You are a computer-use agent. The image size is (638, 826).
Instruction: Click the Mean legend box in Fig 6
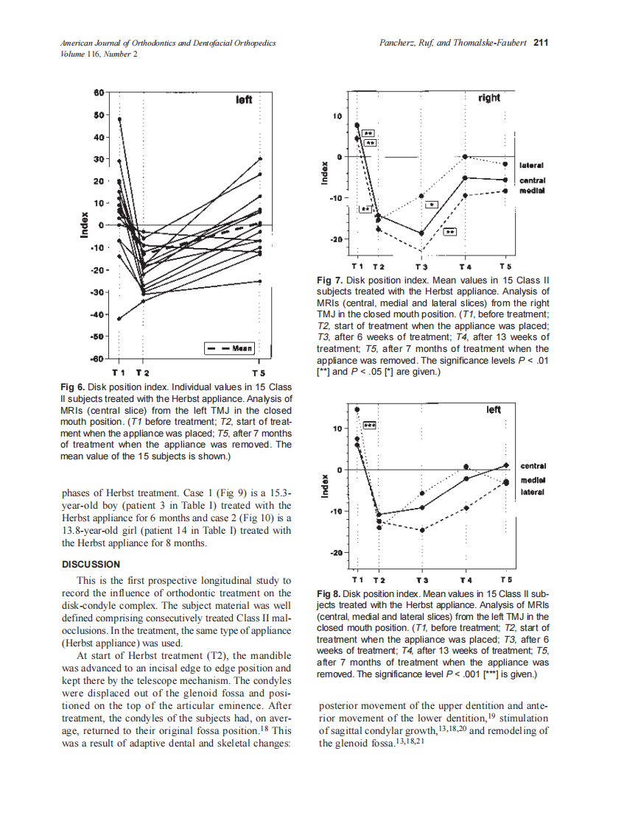coord(229,347)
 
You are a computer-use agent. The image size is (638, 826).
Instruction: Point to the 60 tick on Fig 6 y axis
coord(99,92)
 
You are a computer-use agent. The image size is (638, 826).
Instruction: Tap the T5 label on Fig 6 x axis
coord(259,373)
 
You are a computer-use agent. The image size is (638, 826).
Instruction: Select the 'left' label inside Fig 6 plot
coord(244,99)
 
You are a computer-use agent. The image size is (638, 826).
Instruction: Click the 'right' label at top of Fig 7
coord(488,98)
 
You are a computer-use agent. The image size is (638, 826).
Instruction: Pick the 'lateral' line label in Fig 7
coord(532,166)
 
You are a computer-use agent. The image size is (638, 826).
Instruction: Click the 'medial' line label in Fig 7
coord(531,191)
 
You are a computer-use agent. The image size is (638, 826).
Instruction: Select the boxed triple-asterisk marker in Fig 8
coord(370,426)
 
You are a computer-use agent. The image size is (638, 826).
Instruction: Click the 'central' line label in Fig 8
coord(533,465)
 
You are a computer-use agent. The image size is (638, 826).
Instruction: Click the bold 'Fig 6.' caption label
coord(73,387)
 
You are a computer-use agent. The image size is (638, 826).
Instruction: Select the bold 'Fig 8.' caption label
coord(329,593)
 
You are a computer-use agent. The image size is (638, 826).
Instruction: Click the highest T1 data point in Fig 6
coord(119,119)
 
